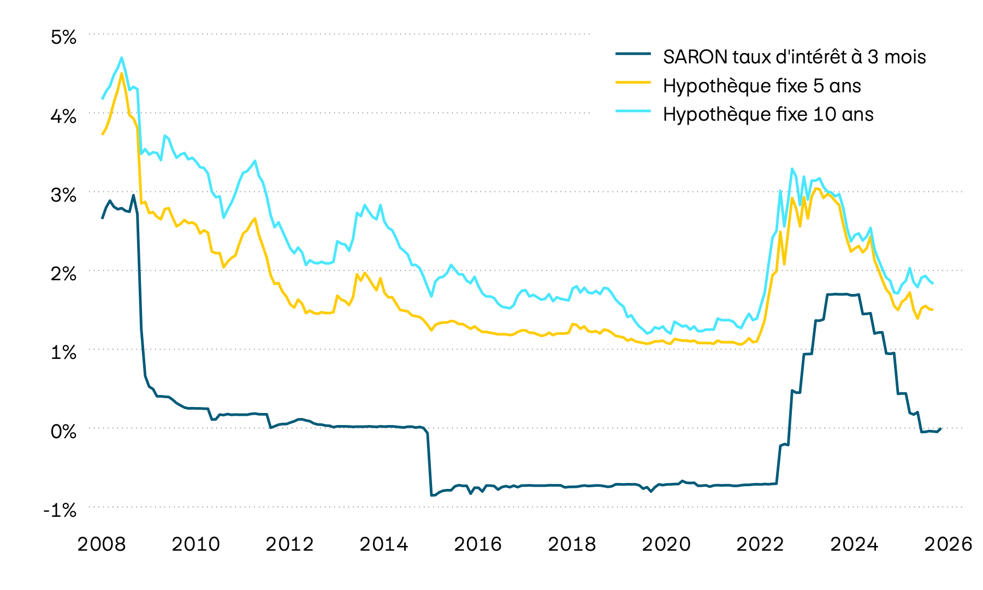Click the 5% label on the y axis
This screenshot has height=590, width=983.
[63, 37]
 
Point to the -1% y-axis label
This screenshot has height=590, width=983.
[60, 510]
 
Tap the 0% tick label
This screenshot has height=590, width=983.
[63, 432]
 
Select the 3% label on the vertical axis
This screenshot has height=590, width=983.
[63, 195]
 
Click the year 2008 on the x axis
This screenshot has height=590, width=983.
[102, 544]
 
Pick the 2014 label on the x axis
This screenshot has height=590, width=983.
[384, 544]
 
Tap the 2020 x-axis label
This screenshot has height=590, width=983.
[666, 544]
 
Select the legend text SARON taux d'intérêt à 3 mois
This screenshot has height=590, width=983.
[794, 57]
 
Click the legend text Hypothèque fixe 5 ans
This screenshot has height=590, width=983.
[762, 86]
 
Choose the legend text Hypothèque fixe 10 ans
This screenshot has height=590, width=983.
[768, 114]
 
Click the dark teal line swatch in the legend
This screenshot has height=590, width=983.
[633, 54]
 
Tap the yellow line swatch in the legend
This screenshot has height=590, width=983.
[633, 82]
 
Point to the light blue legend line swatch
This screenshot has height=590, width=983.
[633, 111]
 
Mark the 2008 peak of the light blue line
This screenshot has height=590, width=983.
[121, 57]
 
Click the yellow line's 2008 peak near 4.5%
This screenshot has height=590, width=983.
[121, 73]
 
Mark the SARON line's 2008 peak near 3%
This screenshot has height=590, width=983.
[133, 195]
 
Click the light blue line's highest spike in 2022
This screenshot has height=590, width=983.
[792, 169]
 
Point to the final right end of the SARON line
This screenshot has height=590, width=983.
[940, 428]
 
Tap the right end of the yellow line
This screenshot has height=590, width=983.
[933, 310]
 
